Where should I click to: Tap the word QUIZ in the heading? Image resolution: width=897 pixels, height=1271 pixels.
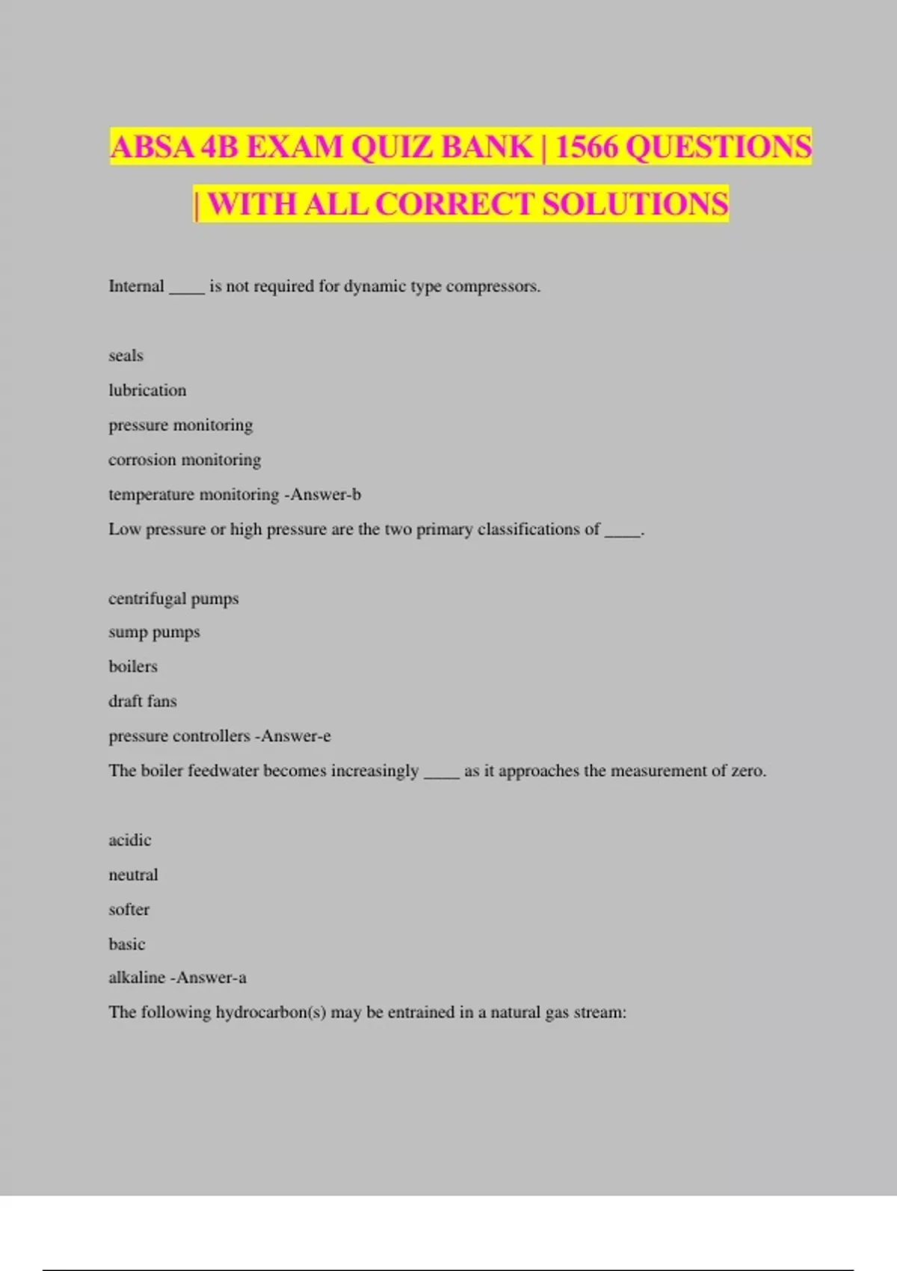[394, 147]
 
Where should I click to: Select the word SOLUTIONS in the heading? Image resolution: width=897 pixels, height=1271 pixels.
[635, 204]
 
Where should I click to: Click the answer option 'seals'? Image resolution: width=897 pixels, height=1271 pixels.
[126, 356]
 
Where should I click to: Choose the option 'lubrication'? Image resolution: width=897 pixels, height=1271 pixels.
[147, 390]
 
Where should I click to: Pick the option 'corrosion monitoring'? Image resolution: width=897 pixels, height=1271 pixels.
[185, 460]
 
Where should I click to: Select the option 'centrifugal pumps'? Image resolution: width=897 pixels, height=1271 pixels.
[173, 599]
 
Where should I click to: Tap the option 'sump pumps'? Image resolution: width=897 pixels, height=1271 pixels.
[154, 633]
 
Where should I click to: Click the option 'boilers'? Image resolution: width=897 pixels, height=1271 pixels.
[133, 667]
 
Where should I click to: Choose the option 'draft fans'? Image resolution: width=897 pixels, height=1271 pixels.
[142, 701]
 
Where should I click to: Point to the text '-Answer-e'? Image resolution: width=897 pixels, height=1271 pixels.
[293, 736]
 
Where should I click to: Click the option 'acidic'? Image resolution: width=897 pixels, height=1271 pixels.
[129, 840]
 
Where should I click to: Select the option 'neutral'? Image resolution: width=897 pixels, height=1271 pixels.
[133, 875]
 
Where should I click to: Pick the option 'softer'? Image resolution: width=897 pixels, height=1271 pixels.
[129, 909]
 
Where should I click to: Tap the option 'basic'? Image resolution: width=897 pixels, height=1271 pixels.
[126, 944]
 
